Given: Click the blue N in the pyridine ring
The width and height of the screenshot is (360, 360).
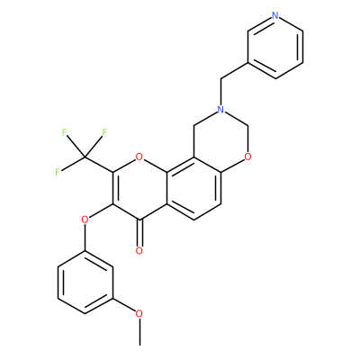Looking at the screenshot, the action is click(x=275, y=15).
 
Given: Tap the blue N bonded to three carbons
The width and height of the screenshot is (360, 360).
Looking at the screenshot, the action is click(x=221, y=109).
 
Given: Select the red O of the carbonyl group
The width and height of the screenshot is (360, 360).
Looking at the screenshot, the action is click(x=139, y=251).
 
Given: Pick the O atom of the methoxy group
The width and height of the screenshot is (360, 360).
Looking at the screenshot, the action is click(x=139, y=314).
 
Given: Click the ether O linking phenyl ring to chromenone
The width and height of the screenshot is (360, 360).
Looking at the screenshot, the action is click(x=85, y=220).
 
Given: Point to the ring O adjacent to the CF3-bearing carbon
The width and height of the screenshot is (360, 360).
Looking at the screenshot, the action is click(x=139, y=157).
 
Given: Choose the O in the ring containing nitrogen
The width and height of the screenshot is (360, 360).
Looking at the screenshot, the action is click(x=247, y=157).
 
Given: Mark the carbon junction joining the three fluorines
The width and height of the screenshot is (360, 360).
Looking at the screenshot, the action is click(x=85, y=157).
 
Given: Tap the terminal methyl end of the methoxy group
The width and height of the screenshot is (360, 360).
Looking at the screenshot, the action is click(x=139, y=345).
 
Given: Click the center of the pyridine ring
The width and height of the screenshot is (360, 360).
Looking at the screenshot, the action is click(x=275, y=47).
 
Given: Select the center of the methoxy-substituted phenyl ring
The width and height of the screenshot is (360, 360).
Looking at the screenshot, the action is click(x=85, y=283).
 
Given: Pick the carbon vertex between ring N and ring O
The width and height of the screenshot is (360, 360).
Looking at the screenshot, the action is click(x=247, y=125).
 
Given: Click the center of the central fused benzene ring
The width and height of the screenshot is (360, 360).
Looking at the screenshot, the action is click(x=193, y=188).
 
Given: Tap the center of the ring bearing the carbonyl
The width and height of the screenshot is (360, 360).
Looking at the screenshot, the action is click(x=139, y=188).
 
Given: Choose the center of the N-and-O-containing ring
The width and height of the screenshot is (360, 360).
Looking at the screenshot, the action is click(x=221, y=140).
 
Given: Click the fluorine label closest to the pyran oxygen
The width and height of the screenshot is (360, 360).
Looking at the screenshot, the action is click(x=104, y=132).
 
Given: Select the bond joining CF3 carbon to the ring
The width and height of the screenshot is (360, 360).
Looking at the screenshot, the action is click(x=99, y=165).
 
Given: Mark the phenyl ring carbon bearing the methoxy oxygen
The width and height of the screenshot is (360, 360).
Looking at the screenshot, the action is click(x=112, y=298).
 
